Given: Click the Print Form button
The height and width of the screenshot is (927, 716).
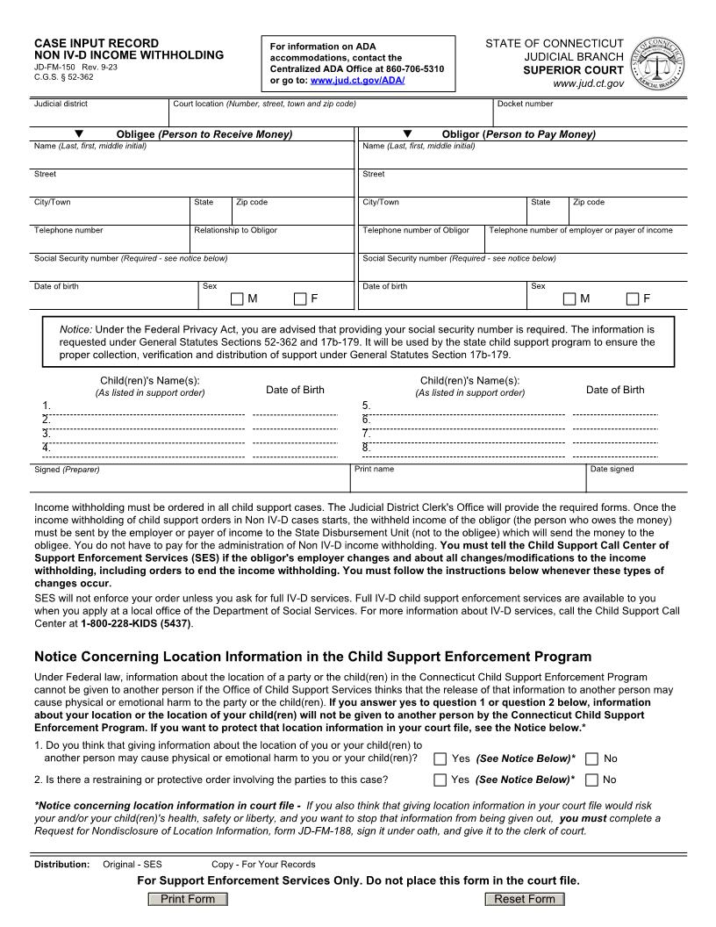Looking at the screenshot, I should (x=188, y=899).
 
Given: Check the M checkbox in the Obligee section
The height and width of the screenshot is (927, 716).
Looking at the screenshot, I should (x=237, y=298).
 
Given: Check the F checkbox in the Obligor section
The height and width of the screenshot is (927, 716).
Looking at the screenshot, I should (x=633, y=298).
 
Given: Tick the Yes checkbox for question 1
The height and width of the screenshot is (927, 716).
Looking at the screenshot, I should (x=440, y=758).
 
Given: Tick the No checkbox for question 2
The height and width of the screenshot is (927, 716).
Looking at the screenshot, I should (x=591, y=780).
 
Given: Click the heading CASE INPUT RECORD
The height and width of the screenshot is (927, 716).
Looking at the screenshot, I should (x=97, y=43).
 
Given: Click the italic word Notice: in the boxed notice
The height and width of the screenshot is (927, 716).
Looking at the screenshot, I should (x=75, y=329).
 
